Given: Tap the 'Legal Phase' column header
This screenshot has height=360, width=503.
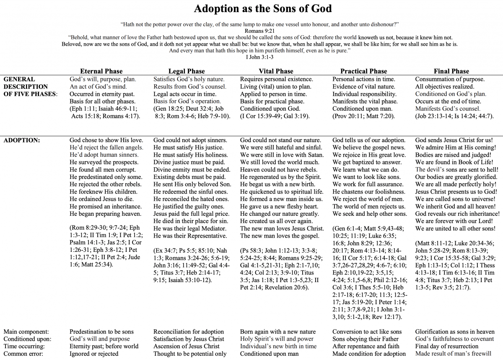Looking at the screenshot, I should [187, 71].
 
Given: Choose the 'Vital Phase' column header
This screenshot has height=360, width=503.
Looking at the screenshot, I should [276, 71].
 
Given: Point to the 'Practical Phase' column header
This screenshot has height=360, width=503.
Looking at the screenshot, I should [363, 71].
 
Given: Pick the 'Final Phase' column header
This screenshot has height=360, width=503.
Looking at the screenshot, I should [451, 71].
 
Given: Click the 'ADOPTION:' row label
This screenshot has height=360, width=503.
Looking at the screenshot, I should [22, 140].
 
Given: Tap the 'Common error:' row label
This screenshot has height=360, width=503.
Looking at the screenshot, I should [24, 354].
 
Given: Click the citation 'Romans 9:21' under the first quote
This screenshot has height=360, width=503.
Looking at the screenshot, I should [260, 31].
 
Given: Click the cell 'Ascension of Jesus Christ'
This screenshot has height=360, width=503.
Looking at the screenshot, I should [187, 347].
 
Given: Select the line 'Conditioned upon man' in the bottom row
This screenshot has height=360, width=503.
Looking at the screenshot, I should [270, 354].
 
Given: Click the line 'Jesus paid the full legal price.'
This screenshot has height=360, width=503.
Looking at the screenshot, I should [191, 214].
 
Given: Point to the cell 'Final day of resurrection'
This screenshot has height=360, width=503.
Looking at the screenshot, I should [447, 347].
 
